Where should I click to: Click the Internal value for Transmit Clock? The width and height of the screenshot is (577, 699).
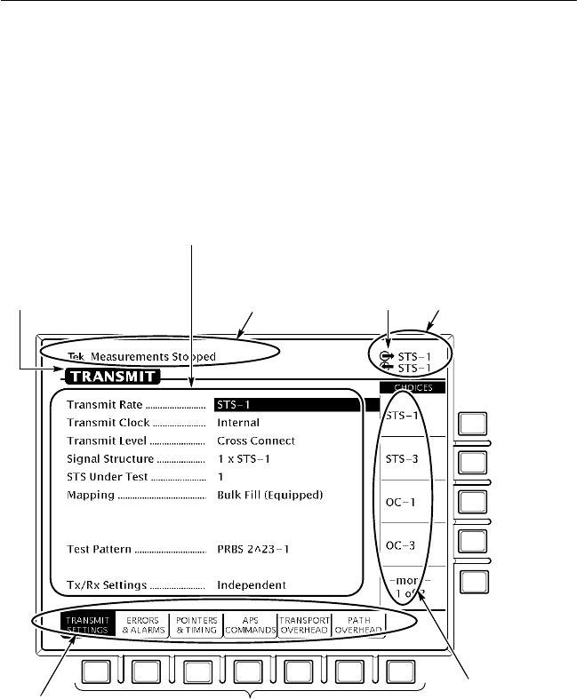(x=238, y=423)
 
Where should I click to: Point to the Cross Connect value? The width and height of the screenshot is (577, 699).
(x=256, y=441)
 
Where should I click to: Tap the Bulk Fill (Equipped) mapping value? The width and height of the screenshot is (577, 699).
(x=269, y=495)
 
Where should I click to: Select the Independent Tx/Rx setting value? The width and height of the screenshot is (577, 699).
(x=252, y=585)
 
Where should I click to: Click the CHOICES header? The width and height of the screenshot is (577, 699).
(x=413, y=388)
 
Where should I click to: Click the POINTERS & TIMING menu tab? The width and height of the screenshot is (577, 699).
(x=196, y=624)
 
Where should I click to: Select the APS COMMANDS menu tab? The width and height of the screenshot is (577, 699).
(x=250, y=624)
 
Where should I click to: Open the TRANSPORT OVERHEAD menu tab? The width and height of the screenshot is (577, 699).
(x=304, y=624)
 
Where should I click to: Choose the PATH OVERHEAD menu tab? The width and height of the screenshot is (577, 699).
(x=358, y=624)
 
